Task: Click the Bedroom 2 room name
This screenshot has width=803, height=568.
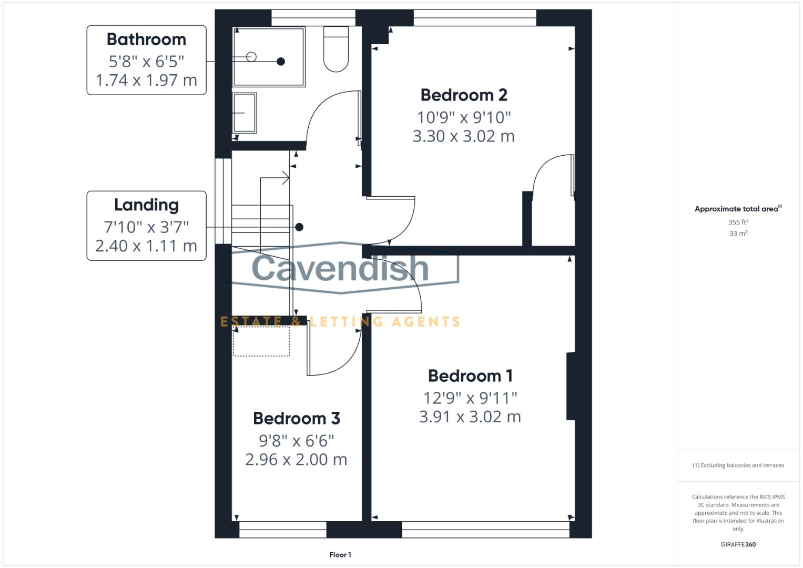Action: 464,95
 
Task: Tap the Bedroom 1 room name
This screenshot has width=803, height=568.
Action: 470,376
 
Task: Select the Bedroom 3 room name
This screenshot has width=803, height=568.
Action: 297,419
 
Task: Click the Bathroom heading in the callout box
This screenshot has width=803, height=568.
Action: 146,39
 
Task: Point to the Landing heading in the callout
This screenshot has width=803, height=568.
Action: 146,205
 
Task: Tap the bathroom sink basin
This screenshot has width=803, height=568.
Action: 245,113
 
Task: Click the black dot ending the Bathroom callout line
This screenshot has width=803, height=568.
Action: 281,62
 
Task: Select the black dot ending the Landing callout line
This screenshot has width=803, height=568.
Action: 299,227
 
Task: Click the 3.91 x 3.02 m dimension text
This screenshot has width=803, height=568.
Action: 470,417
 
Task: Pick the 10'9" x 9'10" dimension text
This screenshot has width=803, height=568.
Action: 464,117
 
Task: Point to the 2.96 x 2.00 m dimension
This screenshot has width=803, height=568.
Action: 297,460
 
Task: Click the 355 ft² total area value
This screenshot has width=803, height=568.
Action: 738,222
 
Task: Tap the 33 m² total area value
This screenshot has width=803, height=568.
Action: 738,234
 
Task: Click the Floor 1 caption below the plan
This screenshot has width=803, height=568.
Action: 340,555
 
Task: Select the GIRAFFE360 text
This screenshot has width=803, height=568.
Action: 738,544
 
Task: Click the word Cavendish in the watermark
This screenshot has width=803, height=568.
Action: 340,268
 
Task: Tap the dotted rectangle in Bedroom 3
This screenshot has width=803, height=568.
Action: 261,341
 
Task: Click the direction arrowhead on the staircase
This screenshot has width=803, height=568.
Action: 287,178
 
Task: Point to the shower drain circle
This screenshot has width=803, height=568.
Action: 251,57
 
